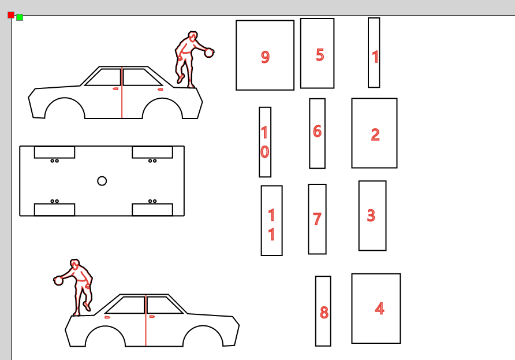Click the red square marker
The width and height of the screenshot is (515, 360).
[x=11, y=15]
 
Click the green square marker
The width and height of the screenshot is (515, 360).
[x=20, y=17]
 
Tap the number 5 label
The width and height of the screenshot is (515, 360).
[x=320, y=55]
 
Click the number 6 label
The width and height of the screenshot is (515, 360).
[x=317, y=131]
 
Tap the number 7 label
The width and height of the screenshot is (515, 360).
[x=317, y=219]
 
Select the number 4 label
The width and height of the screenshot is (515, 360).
[x=380, y=309]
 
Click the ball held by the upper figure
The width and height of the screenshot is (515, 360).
[x=209, y=53]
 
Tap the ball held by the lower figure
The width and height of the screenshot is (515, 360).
[x=58, y=280]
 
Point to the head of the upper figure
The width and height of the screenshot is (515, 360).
[x=193, y=36]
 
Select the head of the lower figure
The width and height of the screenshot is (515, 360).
[x=75, y=263]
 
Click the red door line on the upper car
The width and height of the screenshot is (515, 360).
[x=122, y=92]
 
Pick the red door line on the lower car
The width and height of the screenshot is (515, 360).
[x=146, y=321]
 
